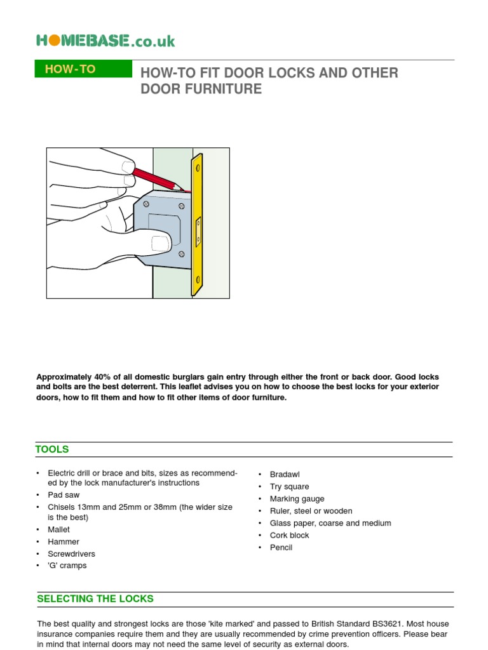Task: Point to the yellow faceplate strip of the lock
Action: point(198,225)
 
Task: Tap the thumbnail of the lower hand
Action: point(160,242)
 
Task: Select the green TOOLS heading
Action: point(53,449)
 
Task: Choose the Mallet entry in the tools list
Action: point(58,529)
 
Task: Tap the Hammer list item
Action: point(63,541)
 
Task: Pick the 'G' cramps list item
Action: point(67,566)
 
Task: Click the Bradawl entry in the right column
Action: point(284,474)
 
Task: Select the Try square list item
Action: point(289,486)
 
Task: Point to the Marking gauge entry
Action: point(297,499)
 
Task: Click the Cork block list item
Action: point(289,535)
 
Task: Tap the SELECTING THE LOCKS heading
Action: point(95,599)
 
